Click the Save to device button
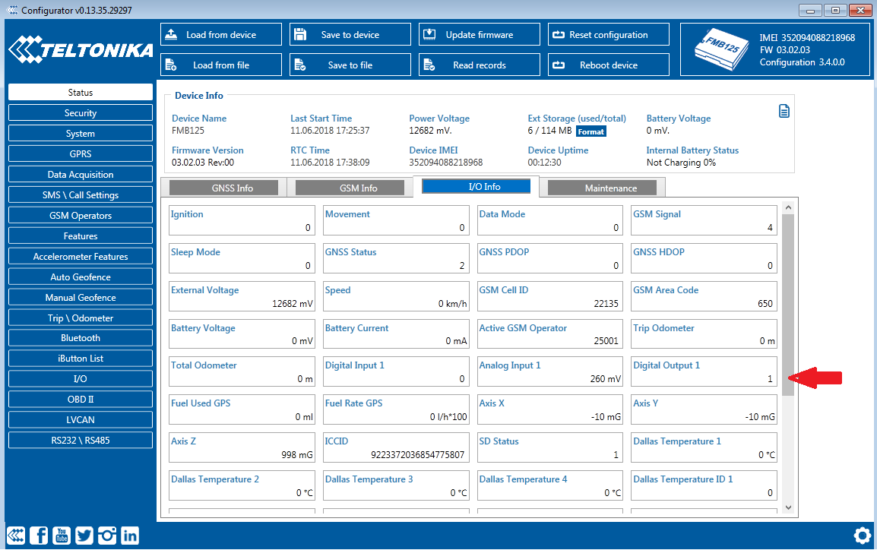pos(350,35)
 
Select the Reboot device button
pos(608,65)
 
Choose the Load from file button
pos(220,65)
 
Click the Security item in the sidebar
pos(81,113)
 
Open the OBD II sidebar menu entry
pos(81,399)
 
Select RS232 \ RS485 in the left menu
pos(81,440)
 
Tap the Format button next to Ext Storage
pos(590,131)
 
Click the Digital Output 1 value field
pos(704,378)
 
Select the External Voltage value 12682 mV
pos(293,304)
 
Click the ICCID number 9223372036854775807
pos(416,455)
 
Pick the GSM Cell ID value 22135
pos(606,304)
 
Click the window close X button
pos(859,11)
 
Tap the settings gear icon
pos(862,535)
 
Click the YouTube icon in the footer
pos(62,536)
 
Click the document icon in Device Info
pos(784,112)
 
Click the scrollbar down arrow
pos(787,507)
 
